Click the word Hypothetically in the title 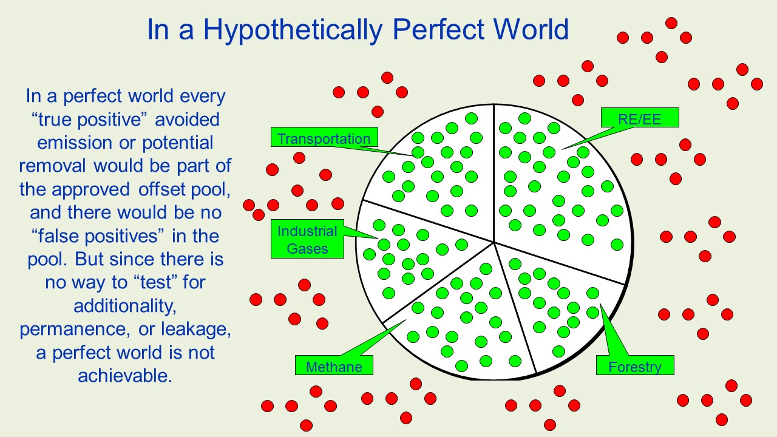pos(293,30)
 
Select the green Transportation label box pos(324,137)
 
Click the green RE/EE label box pos(640,118)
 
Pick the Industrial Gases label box pos(307,239)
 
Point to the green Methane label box pos(334,365)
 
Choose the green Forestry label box pos(635,365)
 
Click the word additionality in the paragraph pos(125,306)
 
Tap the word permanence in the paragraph pos(75,330)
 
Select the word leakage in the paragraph pos(196,329)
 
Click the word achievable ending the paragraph pos(125,376)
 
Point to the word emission pos(75,143)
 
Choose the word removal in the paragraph pos(52,166)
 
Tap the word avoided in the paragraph pos(187,120)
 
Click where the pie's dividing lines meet pos(494,242)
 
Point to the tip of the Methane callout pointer pos(405,320)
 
